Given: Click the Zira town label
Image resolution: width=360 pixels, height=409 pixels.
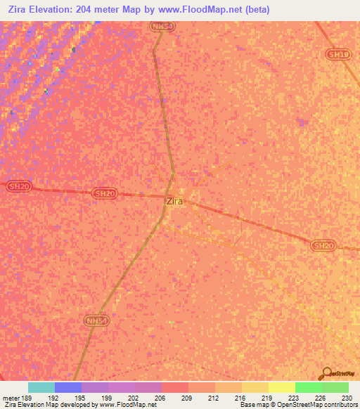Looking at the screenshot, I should (174, 201).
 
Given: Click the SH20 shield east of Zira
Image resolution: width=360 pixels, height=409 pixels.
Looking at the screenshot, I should (323, 245).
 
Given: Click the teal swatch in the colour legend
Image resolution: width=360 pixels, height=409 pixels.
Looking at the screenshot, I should (41, 387).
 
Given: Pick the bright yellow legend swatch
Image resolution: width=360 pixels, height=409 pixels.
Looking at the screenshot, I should (281, 387).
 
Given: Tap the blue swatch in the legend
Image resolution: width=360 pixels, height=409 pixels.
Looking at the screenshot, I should (67, 387).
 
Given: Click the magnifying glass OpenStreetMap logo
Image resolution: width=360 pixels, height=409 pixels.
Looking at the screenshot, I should (328, 373).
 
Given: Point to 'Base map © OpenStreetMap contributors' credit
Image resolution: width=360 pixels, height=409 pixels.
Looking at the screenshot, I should (299, 405).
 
